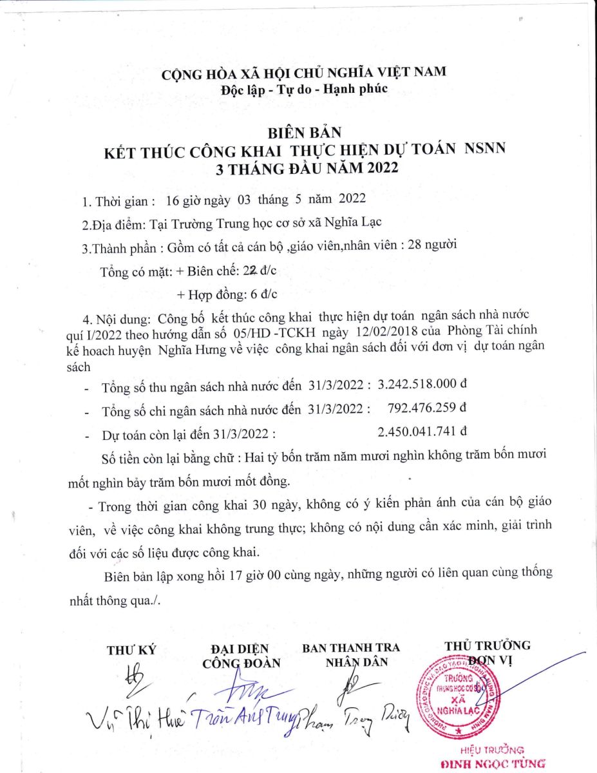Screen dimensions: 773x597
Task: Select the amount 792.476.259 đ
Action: pos(428,407)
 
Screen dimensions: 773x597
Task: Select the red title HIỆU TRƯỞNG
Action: pos(492,750)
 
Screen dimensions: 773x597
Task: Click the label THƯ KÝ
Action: pos(131,650)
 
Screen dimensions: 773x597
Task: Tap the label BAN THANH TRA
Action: pos(351,647)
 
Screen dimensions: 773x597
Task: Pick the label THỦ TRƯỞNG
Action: pos(488,645)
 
